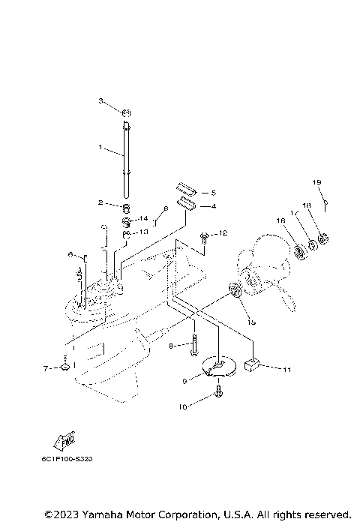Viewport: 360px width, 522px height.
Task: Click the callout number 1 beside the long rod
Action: point(100,148)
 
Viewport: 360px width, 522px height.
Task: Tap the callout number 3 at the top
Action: point(100,100)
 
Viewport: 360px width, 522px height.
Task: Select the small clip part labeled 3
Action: point(127,113)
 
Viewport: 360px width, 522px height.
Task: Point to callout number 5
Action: point(213,193)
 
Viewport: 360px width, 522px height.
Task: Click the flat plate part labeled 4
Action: point(187,204)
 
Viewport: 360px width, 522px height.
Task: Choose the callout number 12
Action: point(223,234)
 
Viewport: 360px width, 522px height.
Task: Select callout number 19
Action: point(317,182)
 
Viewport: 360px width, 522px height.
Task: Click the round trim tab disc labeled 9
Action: point(217,367)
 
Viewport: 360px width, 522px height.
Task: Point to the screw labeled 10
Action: point(218,391)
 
